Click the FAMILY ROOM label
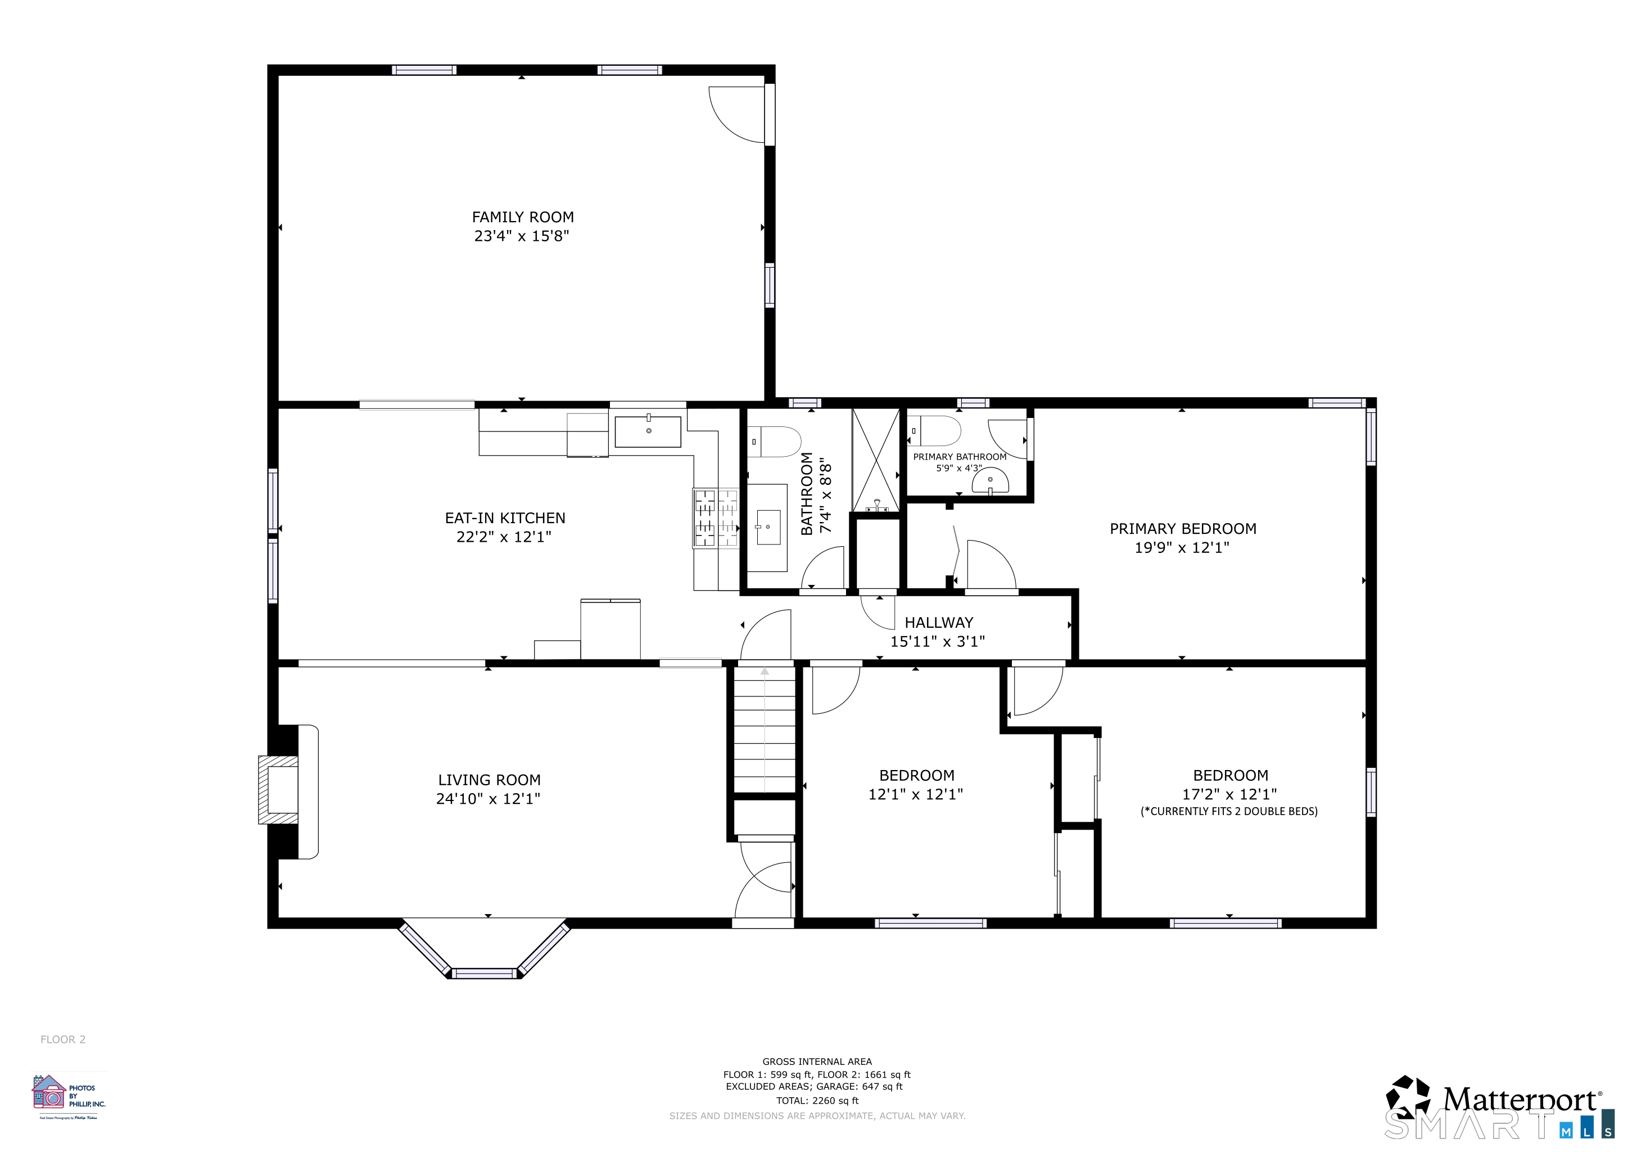click(x=523, y=217)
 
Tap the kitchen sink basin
click(x=648, y=431)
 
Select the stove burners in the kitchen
click(x=716, y=518)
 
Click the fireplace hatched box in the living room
click(x=278, y=789)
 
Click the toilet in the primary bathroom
click(x=937, y=430)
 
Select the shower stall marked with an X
click(x=876, y=460)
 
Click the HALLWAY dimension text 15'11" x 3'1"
click(x=937, y=641)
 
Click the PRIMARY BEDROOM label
click(x=1182, y=529)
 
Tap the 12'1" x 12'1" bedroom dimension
click(x=915, y=794)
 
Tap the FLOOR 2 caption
click(x=62, y=1039)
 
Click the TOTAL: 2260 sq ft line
click(x=817, y=1100)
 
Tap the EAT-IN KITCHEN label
click(x=505, y=518)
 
